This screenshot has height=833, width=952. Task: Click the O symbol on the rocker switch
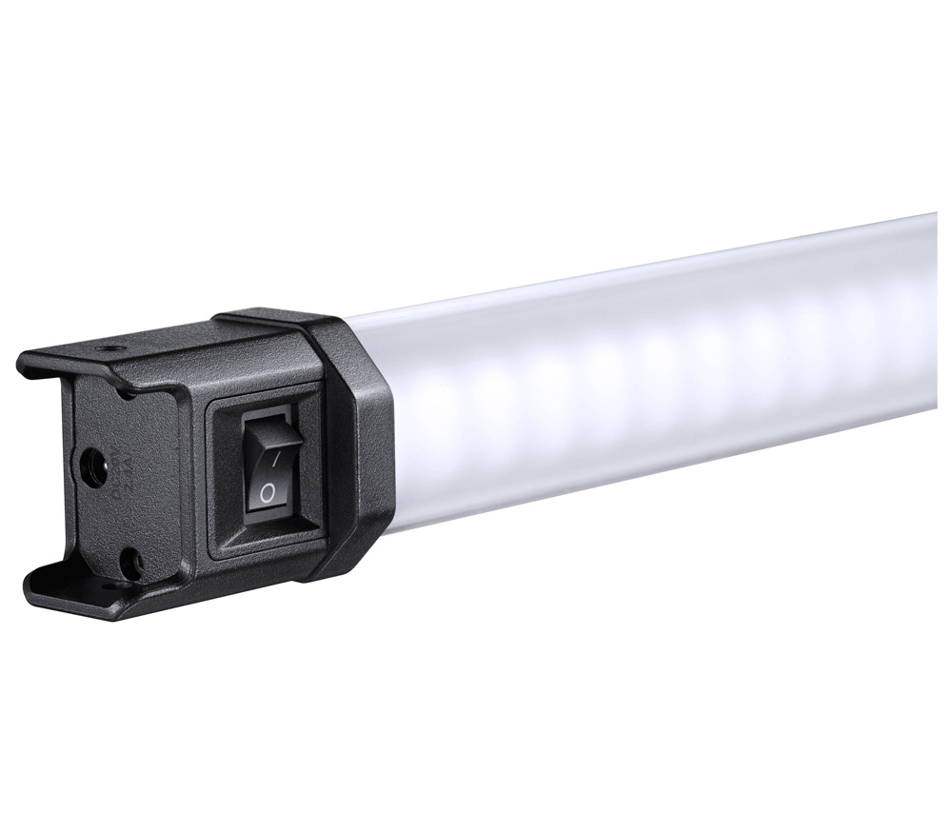click(x=268, y=492)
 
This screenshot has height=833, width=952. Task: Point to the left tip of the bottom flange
click(x=33, y=576)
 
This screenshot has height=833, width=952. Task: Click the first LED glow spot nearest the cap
click(x=428, y=400)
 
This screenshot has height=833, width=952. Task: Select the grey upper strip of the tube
click(x=619, y=286)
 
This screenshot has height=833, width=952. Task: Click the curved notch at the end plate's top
click(x=120, y=385)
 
